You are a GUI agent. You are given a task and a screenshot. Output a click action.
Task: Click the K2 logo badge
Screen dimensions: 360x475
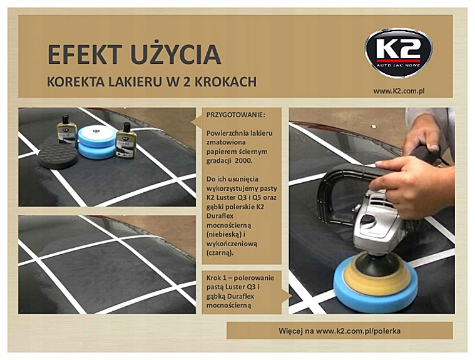(398, 53)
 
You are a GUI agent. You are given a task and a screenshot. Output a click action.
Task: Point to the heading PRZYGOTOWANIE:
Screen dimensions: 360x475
(235, 116)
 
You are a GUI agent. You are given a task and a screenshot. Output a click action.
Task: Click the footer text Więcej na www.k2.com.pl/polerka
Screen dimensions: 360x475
(339, 330)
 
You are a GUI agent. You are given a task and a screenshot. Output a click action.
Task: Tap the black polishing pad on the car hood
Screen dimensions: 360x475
(58, 154)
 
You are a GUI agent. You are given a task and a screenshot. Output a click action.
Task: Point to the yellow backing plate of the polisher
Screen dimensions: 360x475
(375, 275)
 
